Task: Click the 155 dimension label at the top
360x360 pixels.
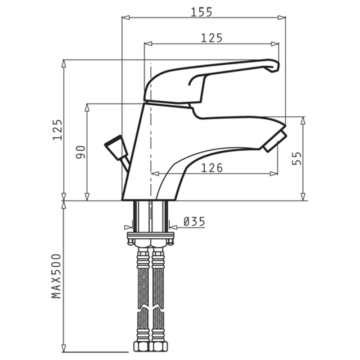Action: [202, 12]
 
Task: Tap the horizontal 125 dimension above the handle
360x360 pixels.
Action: [211, 38]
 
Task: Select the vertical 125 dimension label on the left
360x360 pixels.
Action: [58, 130]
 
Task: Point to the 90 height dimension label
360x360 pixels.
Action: [81, 152]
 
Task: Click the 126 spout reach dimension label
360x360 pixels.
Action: [212, 168]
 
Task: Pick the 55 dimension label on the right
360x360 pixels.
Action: [297, 158]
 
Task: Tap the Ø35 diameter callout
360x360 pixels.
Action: [194, 222]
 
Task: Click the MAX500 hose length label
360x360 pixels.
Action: [57, 276]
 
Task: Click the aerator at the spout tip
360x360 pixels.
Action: [275, 141]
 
